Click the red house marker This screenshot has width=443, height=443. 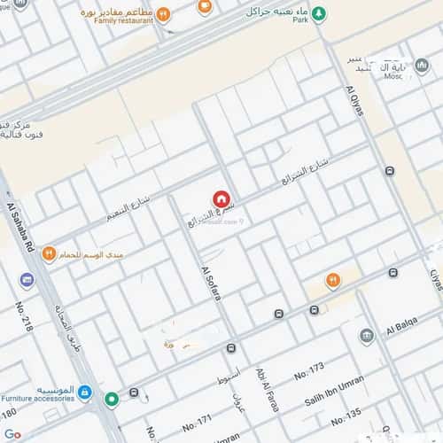pos(221,199)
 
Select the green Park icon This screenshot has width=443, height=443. pos(320,13)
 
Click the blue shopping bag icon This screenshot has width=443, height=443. pos(84,391)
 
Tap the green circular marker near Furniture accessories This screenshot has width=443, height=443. pos(112,400)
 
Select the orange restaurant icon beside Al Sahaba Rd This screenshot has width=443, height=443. pos(50,253)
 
